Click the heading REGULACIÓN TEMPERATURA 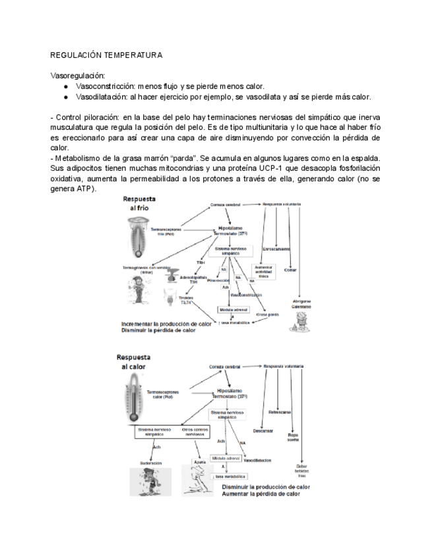tap(106, 55)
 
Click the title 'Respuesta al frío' tap(142, 202)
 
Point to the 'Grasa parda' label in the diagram tap(267, 314)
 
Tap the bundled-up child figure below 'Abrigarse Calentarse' tap(300, 321)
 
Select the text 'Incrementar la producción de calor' tap(166, 324)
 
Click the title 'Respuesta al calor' tap(137, 361)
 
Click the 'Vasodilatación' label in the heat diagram tap(259, 460)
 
